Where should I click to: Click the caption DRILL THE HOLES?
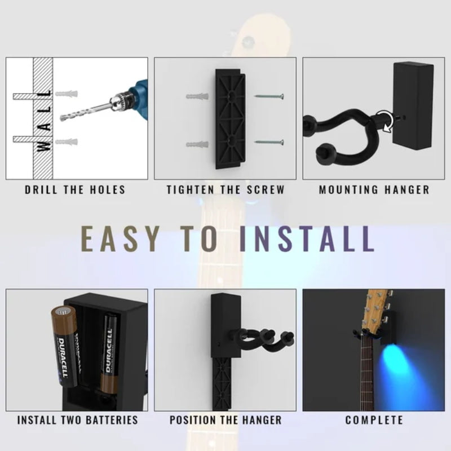[x=75, y=190]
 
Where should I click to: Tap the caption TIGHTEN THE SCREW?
[x=225, y=190]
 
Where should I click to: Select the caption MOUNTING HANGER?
[x=374, y=190]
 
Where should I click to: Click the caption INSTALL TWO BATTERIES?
[x=77, y=420]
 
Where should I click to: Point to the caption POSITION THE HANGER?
[x=225, y=420]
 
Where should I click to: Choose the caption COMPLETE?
[x=374, y=420]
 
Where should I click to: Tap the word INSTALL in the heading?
[x=307, y=239]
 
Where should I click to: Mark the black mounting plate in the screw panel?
[x=228, y=118]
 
